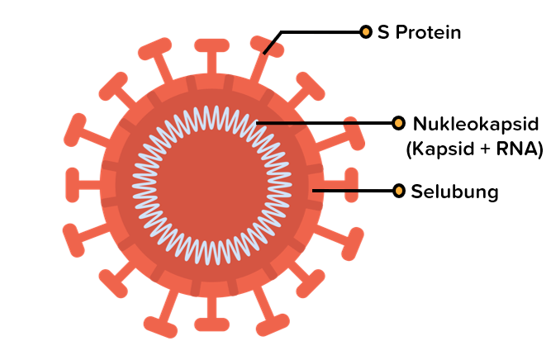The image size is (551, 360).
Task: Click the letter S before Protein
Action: click(382, 33)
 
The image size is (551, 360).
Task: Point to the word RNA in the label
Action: click(515, 149)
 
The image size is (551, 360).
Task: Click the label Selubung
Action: click(455, 192)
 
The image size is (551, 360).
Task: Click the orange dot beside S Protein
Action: click(366, 32)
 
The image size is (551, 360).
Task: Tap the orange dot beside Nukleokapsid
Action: click(398, 124)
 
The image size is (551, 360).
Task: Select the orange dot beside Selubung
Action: click(399, 192)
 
